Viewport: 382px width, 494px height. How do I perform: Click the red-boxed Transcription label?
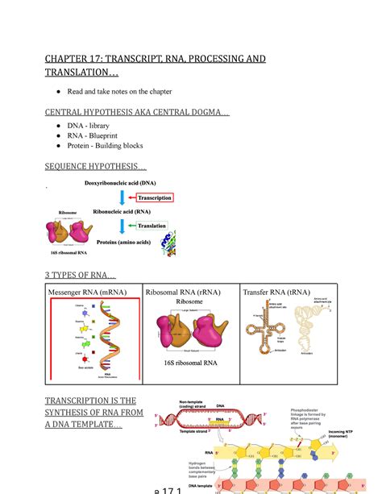[160, 197]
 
